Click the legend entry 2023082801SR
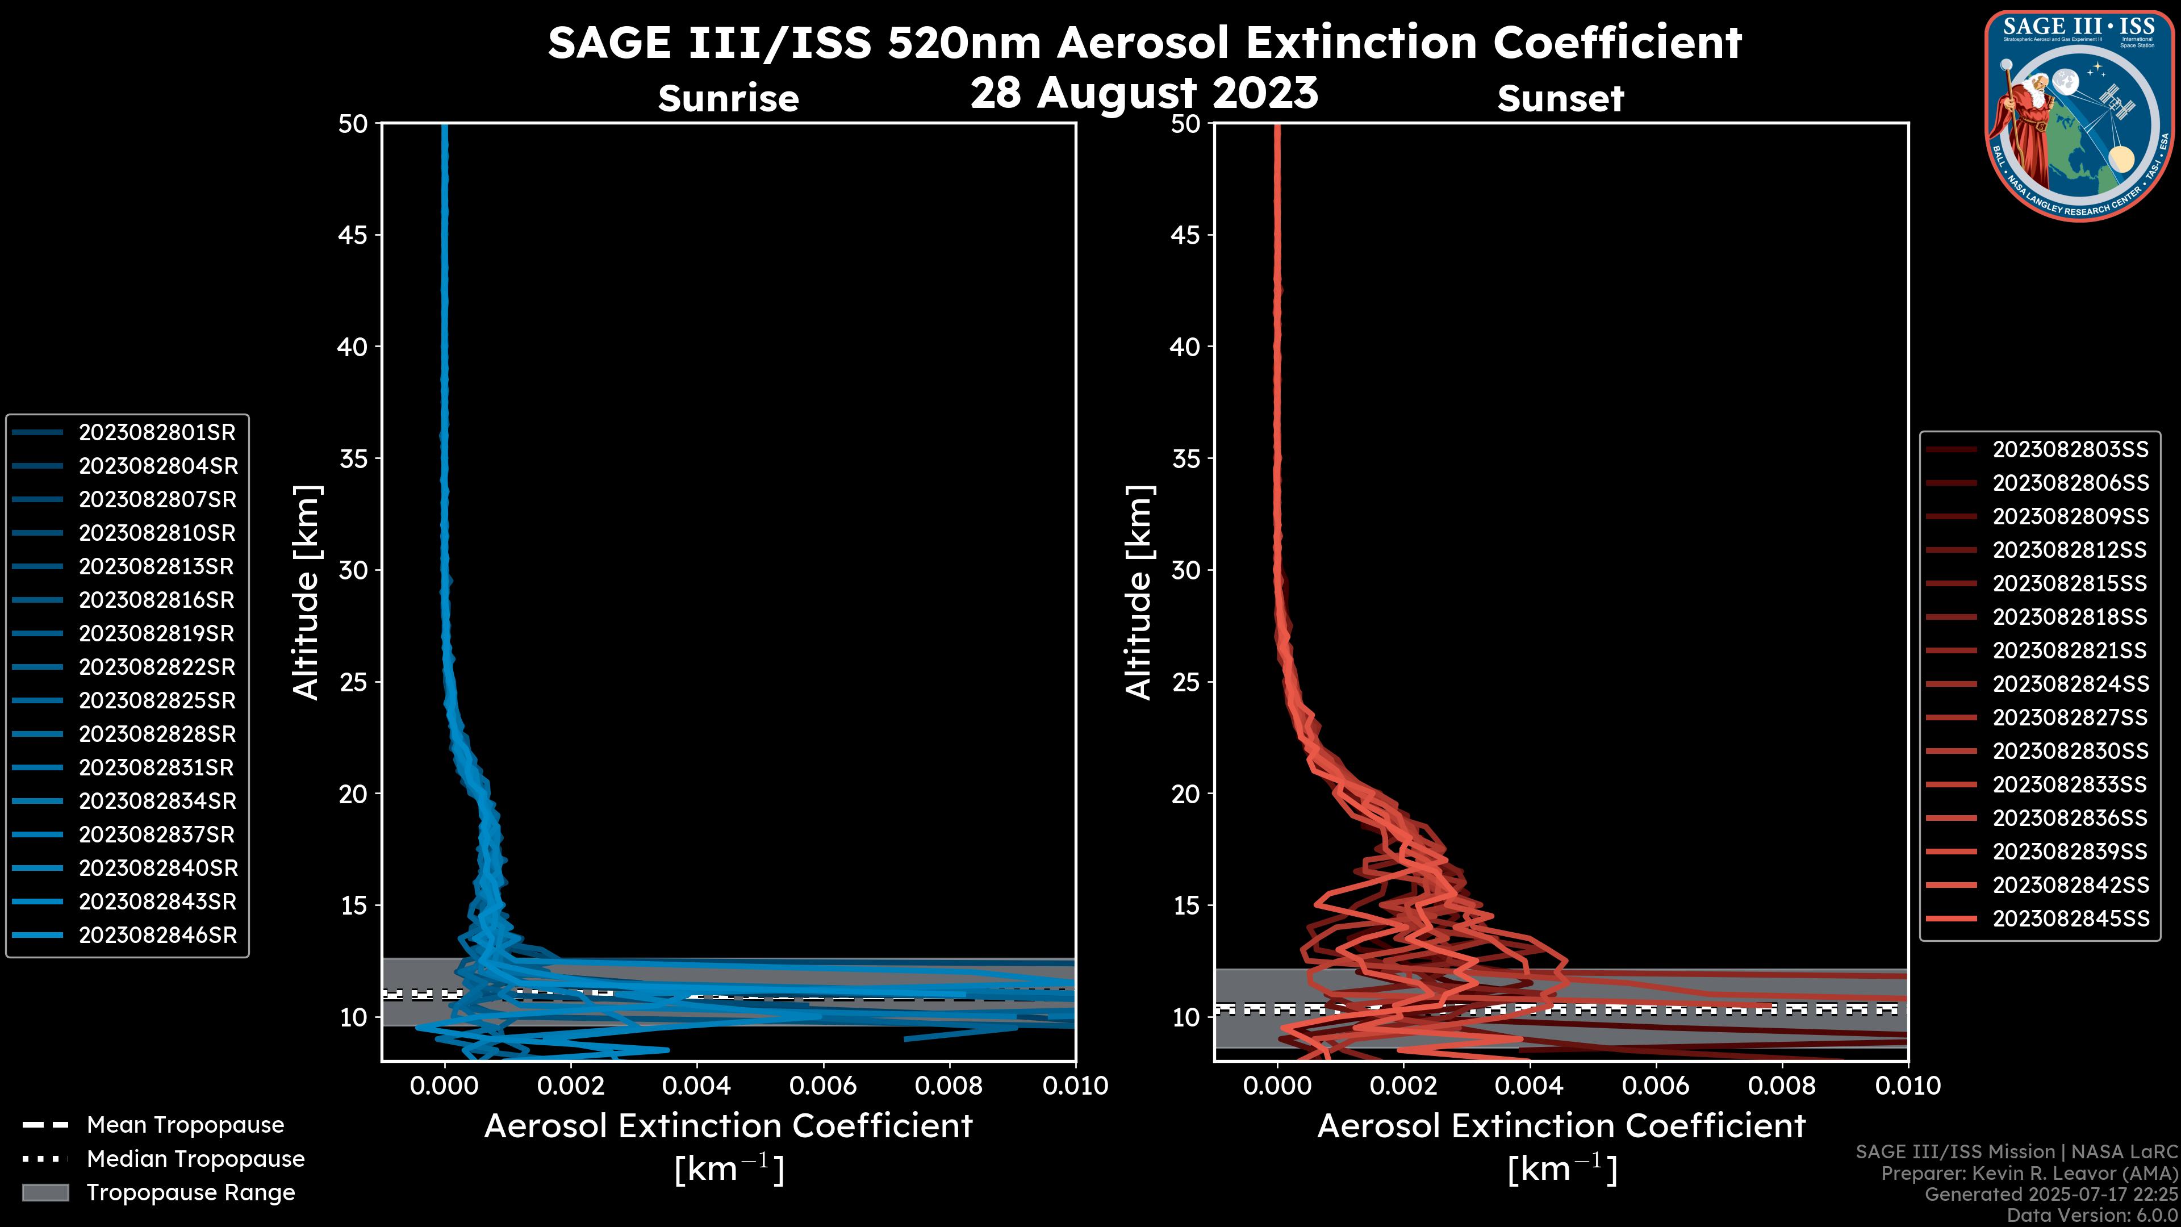(157, 433)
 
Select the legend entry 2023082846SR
(157, 936)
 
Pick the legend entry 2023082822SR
(157, 667)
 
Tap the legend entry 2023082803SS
(2070, 450)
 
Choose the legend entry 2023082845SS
(2070, 919)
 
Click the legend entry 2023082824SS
(2070, 684)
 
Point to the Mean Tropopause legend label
(185, 1125)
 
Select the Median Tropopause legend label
(195, 1159)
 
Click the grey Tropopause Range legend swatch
(45, 1193)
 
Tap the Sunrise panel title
(728, 99)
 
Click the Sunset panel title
(1560, 99)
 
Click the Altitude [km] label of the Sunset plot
(1139, 592)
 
